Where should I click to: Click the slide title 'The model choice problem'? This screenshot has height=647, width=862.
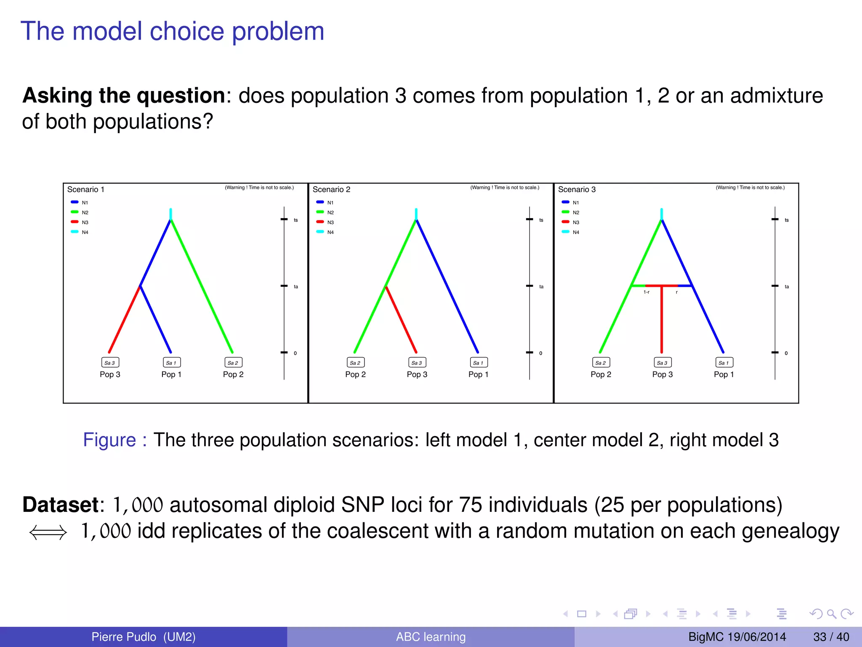[x=173, y=31]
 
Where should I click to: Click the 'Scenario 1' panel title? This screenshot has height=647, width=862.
[x=85, y=190]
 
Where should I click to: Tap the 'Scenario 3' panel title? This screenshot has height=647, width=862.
[x=577, y=190]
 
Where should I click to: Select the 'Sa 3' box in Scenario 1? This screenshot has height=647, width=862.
[x=110, y=363]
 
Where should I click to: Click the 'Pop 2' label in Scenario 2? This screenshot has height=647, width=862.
[x=355, y=374]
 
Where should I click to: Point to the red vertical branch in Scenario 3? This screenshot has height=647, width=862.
[x=662, y=320]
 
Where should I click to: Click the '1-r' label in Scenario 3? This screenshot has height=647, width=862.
[x=646, y=292]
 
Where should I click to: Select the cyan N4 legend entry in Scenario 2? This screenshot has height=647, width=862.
[x=325, y=232]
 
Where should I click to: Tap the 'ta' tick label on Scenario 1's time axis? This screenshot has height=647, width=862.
[x=296, y=287]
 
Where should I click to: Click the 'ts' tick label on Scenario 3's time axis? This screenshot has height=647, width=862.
[x=787, y=220]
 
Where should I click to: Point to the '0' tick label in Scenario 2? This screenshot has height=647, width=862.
[x=541, y=353]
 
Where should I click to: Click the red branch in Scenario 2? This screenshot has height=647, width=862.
[x=401, y=319]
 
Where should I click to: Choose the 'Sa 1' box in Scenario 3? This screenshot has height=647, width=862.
[x=724, y=363]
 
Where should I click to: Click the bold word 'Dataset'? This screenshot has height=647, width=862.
[x=61, y=505]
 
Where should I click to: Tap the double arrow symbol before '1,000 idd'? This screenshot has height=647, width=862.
[x=48, y=532]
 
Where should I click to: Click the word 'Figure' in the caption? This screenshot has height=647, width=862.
[x=109, y=440]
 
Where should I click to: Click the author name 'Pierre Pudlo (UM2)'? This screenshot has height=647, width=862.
[x=144, y=637]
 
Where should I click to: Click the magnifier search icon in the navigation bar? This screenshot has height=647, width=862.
[x=831, y=614]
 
